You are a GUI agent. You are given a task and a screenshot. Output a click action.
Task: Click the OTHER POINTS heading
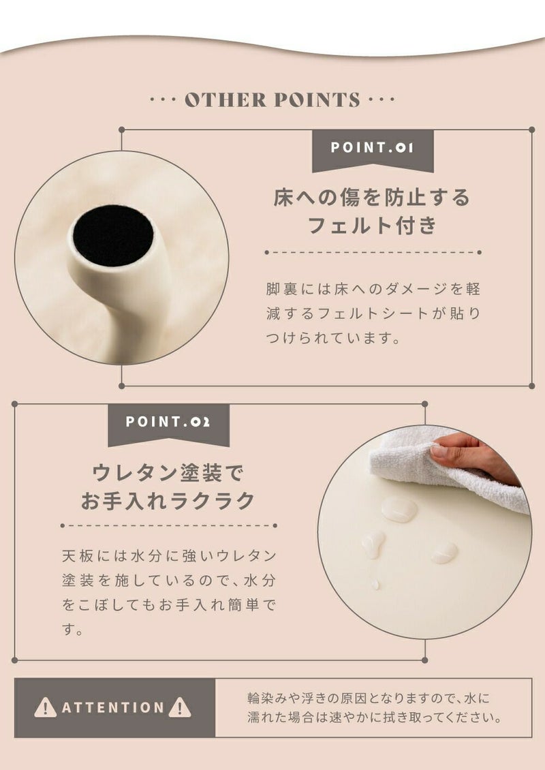point(272,99)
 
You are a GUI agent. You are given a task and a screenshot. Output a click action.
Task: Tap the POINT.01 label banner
point(373,150)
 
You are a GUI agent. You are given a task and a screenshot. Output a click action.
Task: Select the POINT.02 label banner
point(168,424)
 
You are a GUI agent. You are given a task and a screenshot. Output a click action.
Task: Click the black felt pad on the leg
point(113,236)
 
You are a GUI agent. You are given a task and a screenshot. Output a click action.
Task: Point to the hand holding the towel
point(471,456)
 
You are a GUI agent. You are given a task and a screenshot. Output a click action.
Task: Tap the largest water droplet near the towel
point(399,509)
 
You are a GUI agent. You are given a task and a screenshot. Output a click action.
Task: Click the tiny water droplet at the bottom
point(375,585)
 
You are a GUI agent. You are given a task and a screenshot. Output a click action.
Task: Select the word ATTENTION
point(113,707)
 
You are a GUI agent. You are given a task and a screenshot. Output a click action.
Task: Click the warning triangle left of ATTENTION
point(45,707)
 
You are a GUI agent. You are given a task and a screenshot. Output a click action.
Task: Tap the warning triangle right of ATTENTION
point(180,707)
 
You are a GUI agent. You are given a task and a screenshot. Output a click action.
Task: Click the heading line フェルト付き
point(372,226)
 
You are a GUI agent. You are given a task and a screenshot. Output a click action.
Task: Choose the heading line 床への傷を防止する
point(372,198)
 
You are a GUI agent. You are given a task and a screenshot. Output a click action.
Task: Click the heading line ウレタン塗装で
point(168,472)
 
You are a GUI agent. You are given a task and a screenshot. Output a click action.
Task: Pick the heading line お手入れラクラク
point(168,501)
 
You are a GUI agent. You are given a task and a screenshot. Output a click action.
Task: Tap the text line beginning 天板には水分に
point(170,556)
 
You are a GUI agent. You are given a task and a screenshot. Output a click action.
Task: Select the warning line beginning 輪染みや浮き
point(369,698)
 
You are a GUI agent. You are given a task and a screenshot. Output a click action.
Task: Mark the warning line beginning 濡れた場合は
point(375,718)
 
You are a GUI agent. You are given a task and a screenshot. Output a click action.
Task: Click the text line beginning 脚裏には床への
point(373,289)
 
